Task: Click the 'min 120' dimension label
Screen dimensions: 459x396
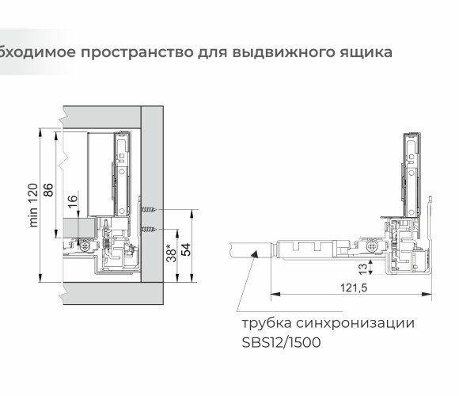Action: pos(33,205)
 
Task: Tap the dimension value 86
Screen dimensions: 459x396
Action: pos(48,190)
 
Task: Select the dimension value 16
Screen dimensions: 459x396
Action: pos(73,202)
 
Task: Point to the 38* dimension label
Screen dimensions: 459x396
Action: pos(171,253)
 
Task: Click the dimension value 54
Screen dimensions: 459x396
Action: pos(186,249)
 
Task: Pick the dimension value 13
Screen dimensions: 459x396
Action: pos(362,268)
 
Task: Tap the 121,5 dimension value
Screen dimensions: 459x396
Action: pos(354,287)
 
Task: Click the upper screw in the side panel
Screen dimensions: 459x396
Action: pos(149,210)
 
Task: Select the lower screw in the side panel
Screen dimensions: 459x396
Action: pos(149,230)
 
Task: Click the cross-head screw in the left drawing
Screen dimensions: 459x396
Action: pos(85,246)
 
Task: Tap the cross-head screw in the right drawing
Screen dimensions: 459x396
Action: pos(372,246)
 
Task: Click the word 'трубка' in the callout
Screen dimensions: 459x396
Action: pos(267,324)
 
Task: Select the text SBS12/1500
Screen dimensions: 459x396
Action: pos(281,342)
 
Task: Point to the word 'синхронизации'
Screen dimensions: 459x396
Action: pos(355,323)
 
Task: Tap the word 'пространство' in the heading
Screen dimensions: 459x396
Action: pos(137,53)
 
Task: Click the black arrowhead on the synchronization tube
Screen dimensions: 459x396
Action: pos(254,254)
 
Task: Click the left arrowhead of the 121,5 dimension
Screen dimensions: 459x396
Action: pos(275,294)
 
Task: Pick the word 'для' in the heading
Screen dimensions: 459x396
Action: pos(213,53)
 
